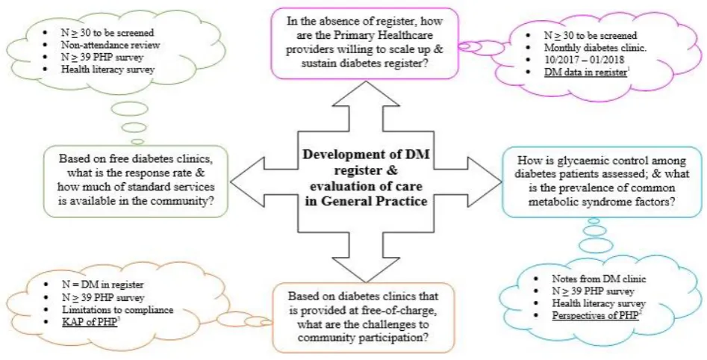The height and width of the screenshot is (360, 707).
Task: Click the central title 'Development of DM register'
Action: (x=366, y=163)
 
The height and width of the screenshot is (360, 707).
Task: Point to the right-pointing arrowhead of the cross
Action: (x=485, y=182)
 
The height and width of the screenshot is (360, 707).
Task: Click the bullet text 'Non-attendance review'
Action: (x=110, y=45)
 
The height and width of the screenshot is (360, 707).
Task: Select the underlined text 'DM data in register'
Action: (x=585, y=72)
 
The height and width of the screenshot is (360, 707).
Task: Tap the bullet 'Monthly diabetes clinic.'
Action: (x=595, y=48)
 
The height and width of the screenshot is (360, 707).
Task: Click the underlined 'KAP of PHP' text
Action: (x=90, y=322)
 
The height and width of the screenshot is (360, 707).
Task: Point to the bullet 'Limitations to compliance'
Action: (x=118, y=310)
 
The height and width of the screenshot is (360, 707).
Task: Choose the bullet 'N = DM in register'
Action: (x=103, y=285)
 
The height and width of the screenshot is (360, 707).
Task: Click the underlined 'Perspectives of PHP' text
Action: (x=595, y=315)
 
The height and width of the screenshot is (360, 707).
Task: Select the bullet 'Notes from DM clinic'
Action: (x=599, y=279)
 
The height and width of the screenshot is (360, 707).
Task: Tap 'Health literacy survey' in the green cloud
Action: (x=108, y=69)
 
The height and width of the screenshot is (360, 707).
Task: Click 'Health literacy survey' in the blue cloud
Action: (x=599, y=303)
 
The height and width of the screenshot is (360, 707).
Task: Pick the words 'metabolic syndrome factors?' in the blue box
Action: (x=602, y=201)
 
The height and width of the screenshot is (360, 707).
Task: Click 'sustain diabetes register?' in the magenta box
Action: (x=365, y=63)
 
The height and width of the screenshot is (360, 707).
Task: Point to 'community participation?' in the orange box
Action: (x=364, y=338)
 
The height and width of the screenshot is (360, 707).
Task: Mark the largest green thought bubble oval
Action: (x=129, y=109)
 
